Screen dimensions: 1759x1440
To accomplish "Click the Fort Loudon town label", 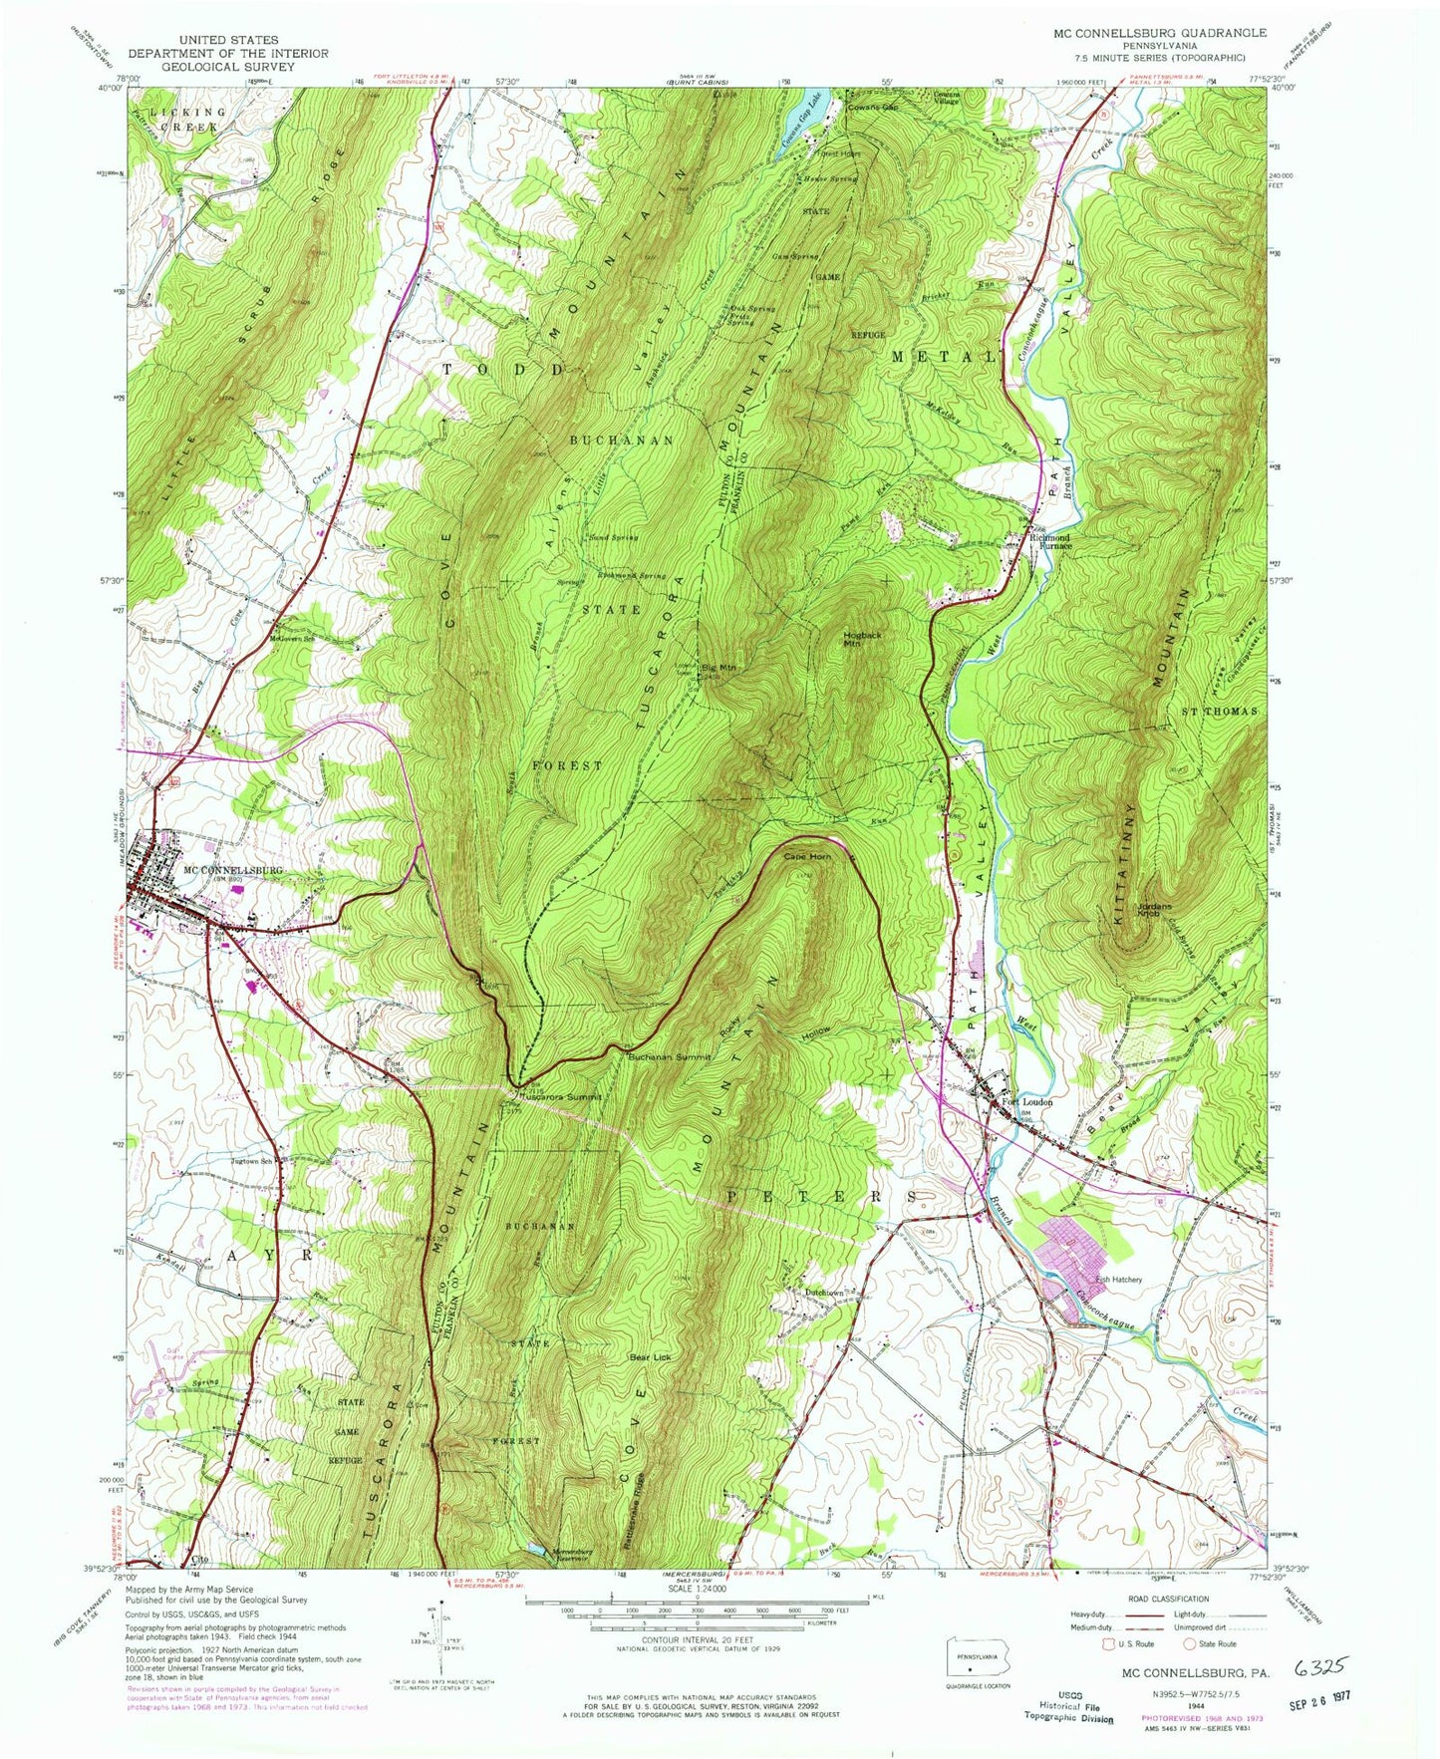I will pyautogui.click(x=1025, y=1102).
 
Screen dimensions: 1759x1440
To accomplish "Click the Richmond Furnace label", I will pyautogui.click(x=1050, y=542).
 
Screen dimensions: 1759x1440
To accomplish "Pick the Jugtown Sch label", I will pyautogui.click(x=252, y=1161).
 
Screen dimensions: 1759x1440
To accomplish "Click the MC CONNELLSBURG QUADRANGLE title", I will pyautogui.click(x=1146, y=33).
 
